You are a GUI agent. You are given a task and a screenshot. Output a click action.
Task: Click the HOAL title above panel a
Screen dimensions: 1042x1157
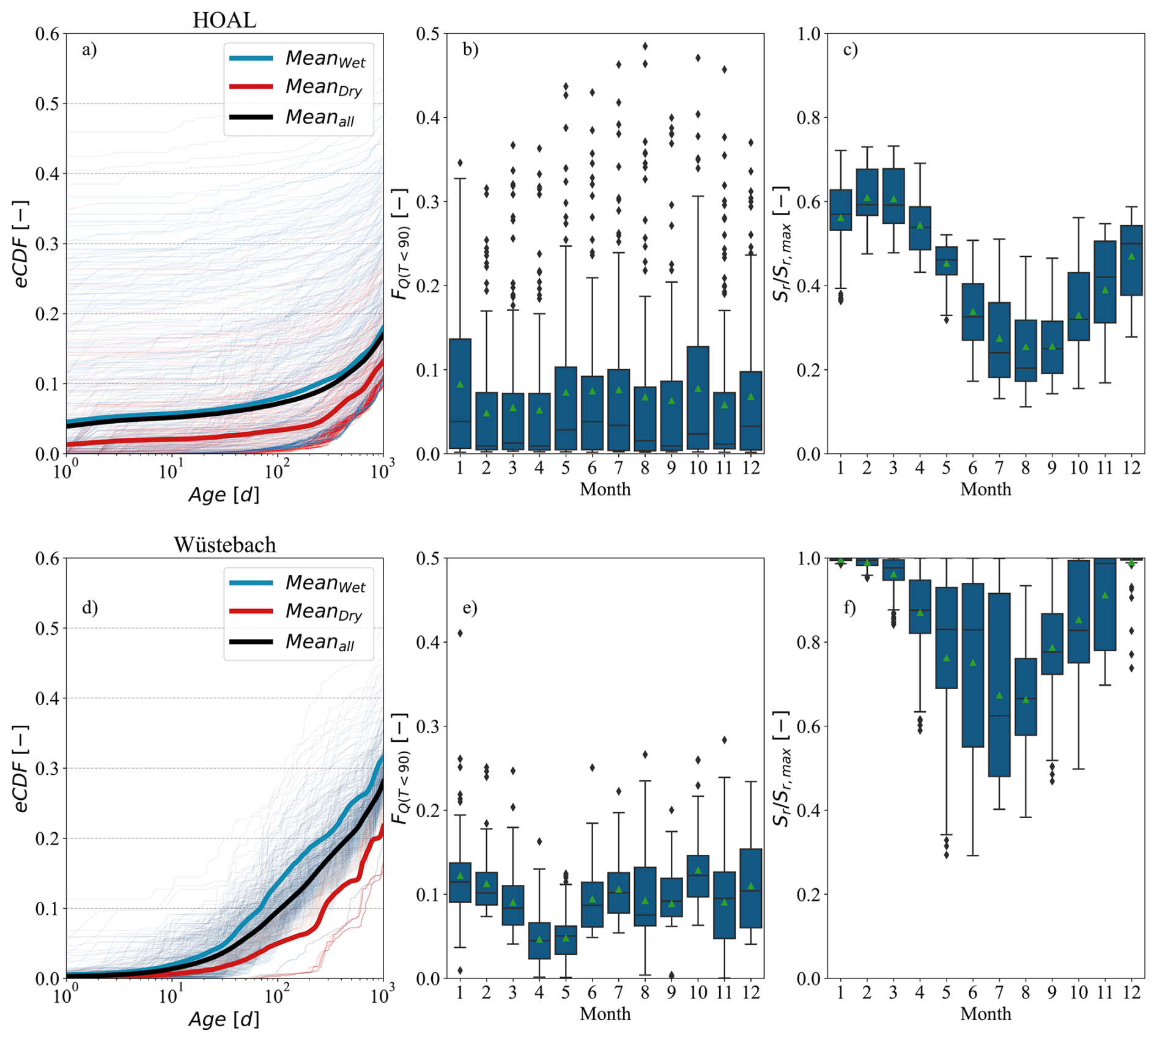point(224,20)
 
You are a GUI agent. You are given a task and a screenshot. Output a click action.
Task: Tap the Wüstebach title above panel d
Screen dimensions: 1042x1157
point(224,545)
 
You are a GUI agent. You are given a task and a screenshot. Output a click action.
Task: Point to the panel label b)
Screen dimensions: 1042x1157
point(470,50)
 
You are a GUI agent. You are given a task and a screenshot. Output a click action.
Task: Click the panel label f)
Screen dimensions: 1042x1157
point(849,608)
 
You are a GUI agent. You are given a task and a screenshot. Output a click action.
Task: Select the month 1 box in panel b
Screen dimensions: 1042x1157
point(460,394)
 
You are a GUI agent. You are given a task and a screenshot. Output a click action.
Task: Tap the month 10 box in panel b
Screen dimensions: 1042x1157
point(698,398)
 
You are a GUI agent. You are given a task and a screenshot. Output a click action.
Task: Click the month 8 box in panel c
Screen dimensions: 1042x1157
point(1026,350)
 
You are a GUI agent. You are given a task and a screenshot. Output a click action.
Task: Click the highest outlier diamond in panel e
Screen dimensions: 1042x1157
point(460,633)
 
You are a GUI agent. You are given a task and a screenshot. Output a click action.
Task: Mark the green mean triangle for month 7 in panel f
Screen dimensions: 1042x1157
point(999,695)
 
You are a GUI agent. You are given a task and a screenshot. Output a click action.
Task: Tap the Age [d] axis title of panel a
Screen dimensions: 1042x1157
point(224,495)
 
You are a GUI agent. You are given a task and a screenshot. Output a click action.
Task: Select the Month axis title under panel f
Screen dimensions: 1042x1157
point(985,1013)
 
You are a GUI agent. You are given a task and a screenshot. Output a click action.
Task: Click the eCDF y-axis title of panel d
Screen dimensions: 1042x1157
point(21,769)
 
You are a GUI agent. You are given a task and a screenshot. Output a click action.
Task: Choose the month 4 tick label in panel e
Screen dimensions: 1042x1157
point(539,992)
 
